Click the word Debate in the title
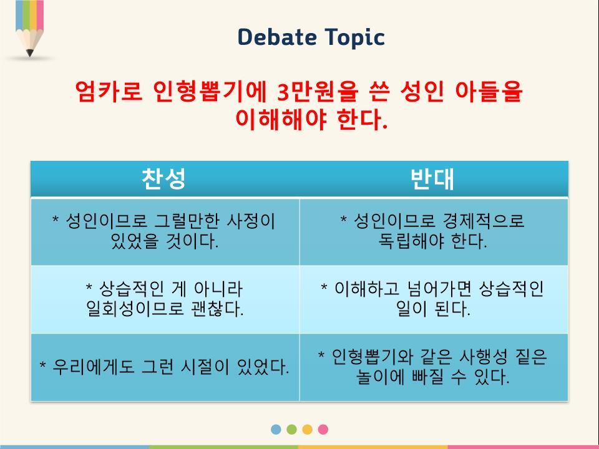point(277,37)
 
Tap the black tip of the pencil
point(30,53)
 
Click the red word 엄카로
point(109,91)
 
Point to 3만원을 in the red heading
point(318,91)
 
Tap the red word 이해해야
point(281,119)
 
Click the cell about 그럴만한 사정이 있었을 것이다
point(165,231)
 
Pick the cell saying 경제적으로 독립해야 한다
point(434,231)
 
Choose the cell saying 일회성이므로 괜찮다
point(165,299)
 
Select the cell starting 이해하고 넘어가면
point(434,299)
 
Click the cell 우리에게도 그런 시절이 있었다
point(165,367)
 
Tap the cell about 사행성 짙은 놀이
point(434,367)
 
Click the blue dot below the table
point(276,429)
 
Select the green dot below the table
point(291,429)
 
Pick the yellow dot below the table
point(307,429)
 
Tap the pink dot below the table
point(323,429)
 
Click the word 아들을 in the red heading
point(489,91)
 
